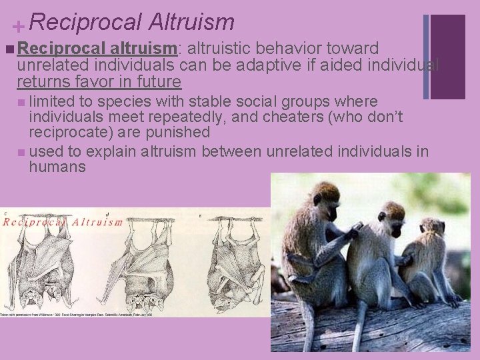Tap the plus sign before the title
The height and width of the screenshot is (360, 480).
click(19, 27)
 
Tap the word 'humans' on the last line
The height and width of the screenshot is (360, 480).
click(57, 167)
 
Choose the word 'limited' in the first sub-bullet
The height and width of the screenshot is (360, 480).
click(51, 101)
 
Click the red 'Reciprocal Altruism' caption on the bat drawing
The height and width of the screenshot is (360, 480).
click(63, 222)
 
